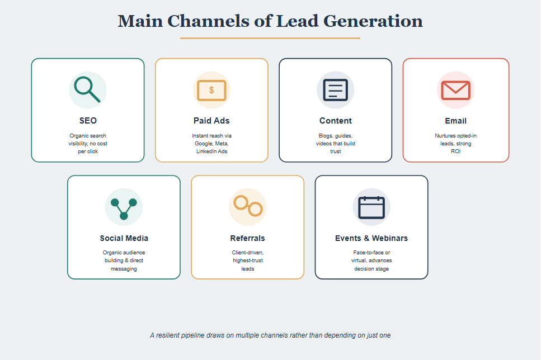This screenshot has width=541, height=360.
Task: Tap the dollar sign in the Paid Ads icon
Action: click(x=211, y=90)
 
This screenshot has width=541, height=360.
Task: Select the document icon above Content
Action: click(x=335, y=90)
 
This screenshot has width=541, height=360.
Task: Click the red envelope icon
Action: click(x=455, y=91)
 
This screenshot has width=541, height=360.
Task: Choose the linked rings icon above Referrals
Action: click(x=248, y=206)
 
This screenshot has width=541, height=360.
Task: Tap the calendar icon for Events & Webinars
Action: click(x=371, y=207)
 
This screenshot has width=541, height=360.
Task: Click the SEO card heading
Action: click(x=88, y=121)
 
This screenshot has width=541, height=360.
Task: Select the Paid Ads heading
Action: click(x=211, y=121)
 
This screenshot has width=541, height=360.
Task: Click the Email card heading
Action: click(x=455, y=121)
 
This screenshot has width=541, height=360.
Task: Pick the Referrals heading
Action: click(x=248, y=238)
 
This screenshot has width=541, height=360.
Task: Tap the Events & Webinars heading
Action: click(x=371, y=238)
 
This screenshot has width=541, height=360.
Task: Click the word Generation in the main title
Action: click(x=373, y=21)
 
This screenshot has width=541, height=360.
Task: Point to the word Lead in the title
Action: click(x=297, y=21)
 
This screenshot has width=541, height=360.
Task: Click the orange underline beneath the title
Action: click(x=270, y=38)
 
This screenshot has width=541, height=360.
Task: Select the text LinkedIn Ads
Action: click(x=211, y=151)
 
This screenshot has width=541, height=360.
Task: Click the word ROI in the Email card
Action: click(x=455, y=151)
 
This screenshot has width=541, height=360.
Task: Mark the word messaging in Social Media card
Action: click(x=124, y=269)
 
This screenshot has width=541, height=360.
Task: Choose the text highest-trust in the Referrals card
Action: click(x=248, y=260)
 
